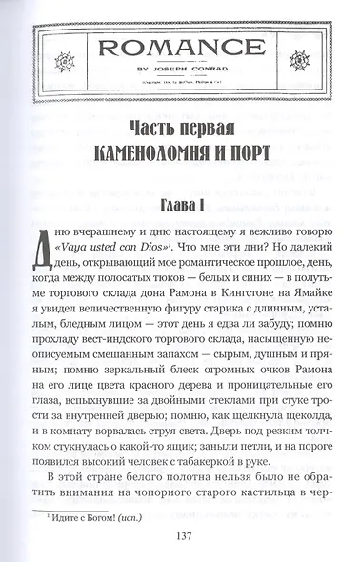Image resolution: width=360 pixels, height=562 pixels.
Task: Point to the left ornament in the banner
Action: pyautogui.click(x=50, y=47)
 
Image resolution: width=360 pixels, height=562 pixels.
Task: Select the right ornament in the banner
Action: pyautogui.click(x=311, y=47)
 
